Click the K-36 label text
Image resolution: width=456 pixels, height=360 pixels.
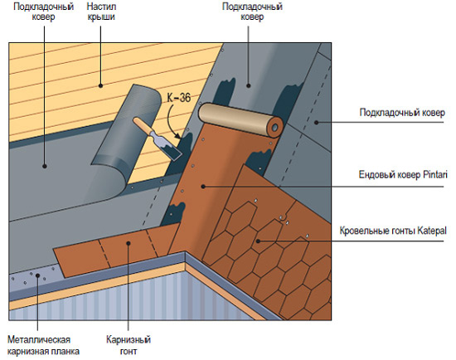pos(179,98)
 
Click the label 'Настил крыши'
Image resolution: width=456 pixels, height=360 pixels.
pos(101,12)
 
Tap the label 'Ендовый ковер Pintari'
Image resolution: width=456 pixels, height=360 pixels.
pos(403,175)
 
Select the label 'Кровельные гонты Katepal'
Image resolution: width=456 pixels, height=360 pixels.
pos(393,231)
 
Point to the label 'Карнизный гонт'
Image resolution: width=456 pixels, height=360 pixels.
pos(129,345)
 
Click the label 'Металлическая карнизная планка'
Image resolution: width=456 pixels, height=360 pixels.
pos(43,345)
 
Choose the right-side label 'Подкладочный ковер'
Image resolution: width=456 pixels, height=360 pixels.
pos(402,113)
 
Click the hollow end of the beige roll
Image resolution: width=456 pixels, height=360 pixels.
pos(274,128)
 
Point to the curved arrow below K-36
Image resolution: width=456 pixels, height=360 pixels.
pos(173,122)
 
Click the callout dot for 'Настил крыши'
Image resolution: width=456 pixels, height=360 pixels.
pos(100,85)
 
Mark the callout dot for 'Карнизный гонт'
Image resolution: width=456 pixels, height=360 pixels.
pos(128,243)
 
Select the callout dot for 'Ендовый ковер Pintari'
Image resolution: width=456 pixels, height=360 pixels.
pos(203,187)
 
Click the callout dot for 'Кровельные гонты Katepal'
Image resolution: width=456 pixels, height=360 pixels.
pos(258,241)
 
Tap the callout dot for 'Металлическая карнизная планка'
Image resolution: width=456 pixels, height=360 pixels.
pos(37,275)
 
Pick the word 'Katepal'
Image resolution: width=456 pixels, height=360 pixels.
pos(432,231)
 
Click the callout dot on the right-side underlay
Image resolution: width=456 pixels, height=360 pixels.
pos(317,123)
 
